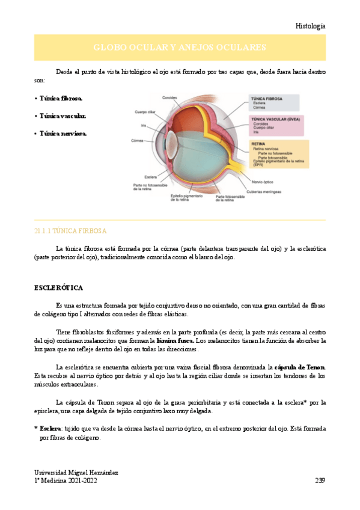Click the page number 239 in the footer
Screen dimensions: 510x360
(x=320, y=481)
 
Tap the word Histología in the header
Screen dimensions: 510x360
(x=311, y=26)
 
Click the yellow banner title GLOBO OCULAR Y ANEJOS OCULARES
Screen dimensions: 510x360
(x=180, y=48)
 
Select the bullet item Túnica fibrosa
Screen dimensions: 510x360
(x=61, y=97)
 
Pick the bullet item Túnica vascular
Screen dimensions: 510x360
(x=63, y=115)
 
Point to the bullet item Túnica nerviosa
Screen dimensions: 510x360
(x=63, y=134)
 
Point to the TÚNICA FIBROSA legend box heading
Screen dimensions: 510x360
(x=266, y=98)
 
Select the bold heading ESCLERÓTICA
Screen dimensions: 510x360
(x=58, y=288)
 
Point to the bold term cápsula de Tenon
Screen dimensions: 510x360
(x=300, y=367)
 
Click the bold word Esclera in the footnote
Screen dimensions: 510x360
(x=50, y=429)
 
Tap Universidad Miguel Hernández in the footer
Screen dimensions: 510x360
(x=76, y=473)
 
